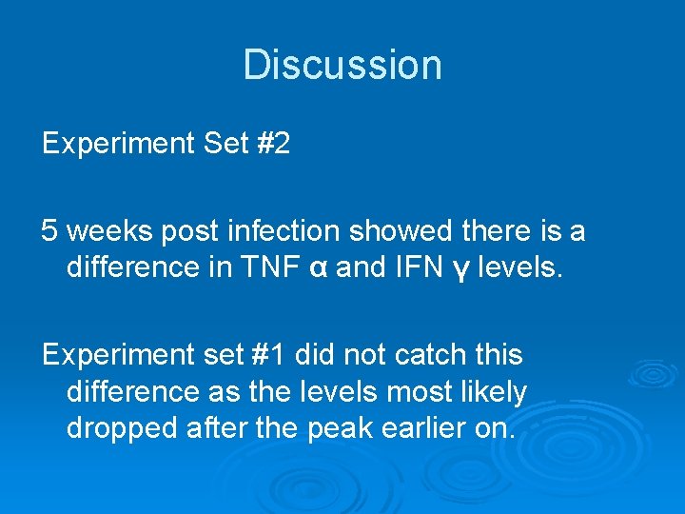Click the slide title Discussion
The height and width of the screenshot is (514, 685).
click(342, 65)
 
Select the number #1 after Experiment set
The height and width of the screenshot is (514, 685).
click(269, 355)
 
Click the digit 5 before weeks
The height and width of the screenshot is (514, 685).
click(49, 230)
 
